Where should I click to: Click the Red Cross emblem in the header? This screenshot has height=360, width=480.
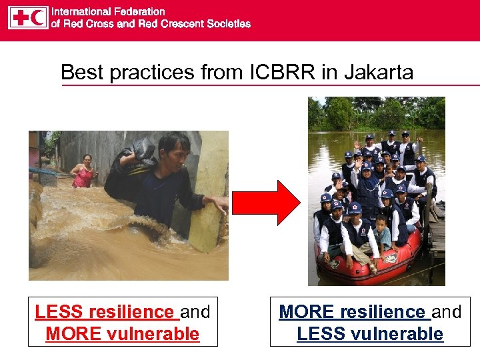pos(20,18)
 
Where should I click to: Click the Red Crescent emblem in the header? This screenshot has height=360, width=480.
pos(38,18)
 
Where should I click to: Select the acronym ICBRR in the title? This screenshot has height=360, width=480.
pos(287,72)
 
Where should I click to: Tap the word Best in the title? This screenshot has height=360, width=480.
pos(83,72)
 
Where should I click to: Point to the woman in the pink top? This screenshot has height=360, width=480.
pos(84,173)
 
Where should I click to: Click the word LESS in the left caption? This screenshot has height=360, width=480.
pos(57,312)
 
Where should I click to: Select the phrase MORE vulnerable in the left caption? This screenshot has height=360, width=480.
pos(122,334)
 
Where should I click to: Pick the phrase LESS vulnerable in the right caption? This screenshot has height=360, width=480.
pos(370,334)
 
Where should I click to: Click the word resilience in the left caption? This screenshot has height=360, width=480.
pos(131,312)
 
